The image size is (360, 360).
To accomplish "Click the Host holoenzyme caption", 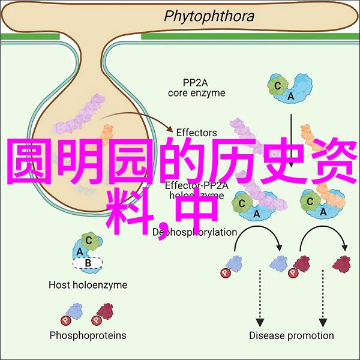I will [88, 285].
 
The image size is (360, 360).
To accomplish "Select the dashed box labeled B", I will [87, 262].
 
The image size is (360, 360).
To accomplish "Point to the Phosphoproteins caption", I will [87, 335].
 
